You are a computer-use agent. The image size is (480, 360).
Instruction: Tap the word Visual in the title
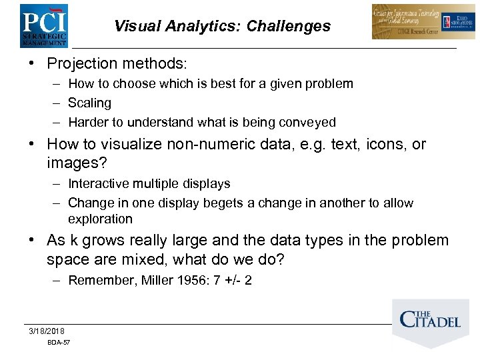coord(135,26)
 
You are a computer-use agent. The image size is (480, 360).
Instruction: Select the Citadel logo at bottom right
coord(429,321)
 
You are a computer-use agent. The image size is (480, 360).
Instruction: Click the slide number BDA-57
coord(59,343)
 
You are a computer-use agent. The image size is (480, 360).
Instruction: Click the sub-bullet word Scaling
coord(89,103)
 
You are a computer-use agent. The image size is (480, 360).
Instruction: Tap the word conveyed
coord(309,123)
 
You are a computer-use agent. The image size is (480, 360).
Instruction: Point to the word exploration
coord(100,219)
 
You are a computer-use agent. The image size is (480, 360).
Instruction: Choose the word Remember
coord(102,281)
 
